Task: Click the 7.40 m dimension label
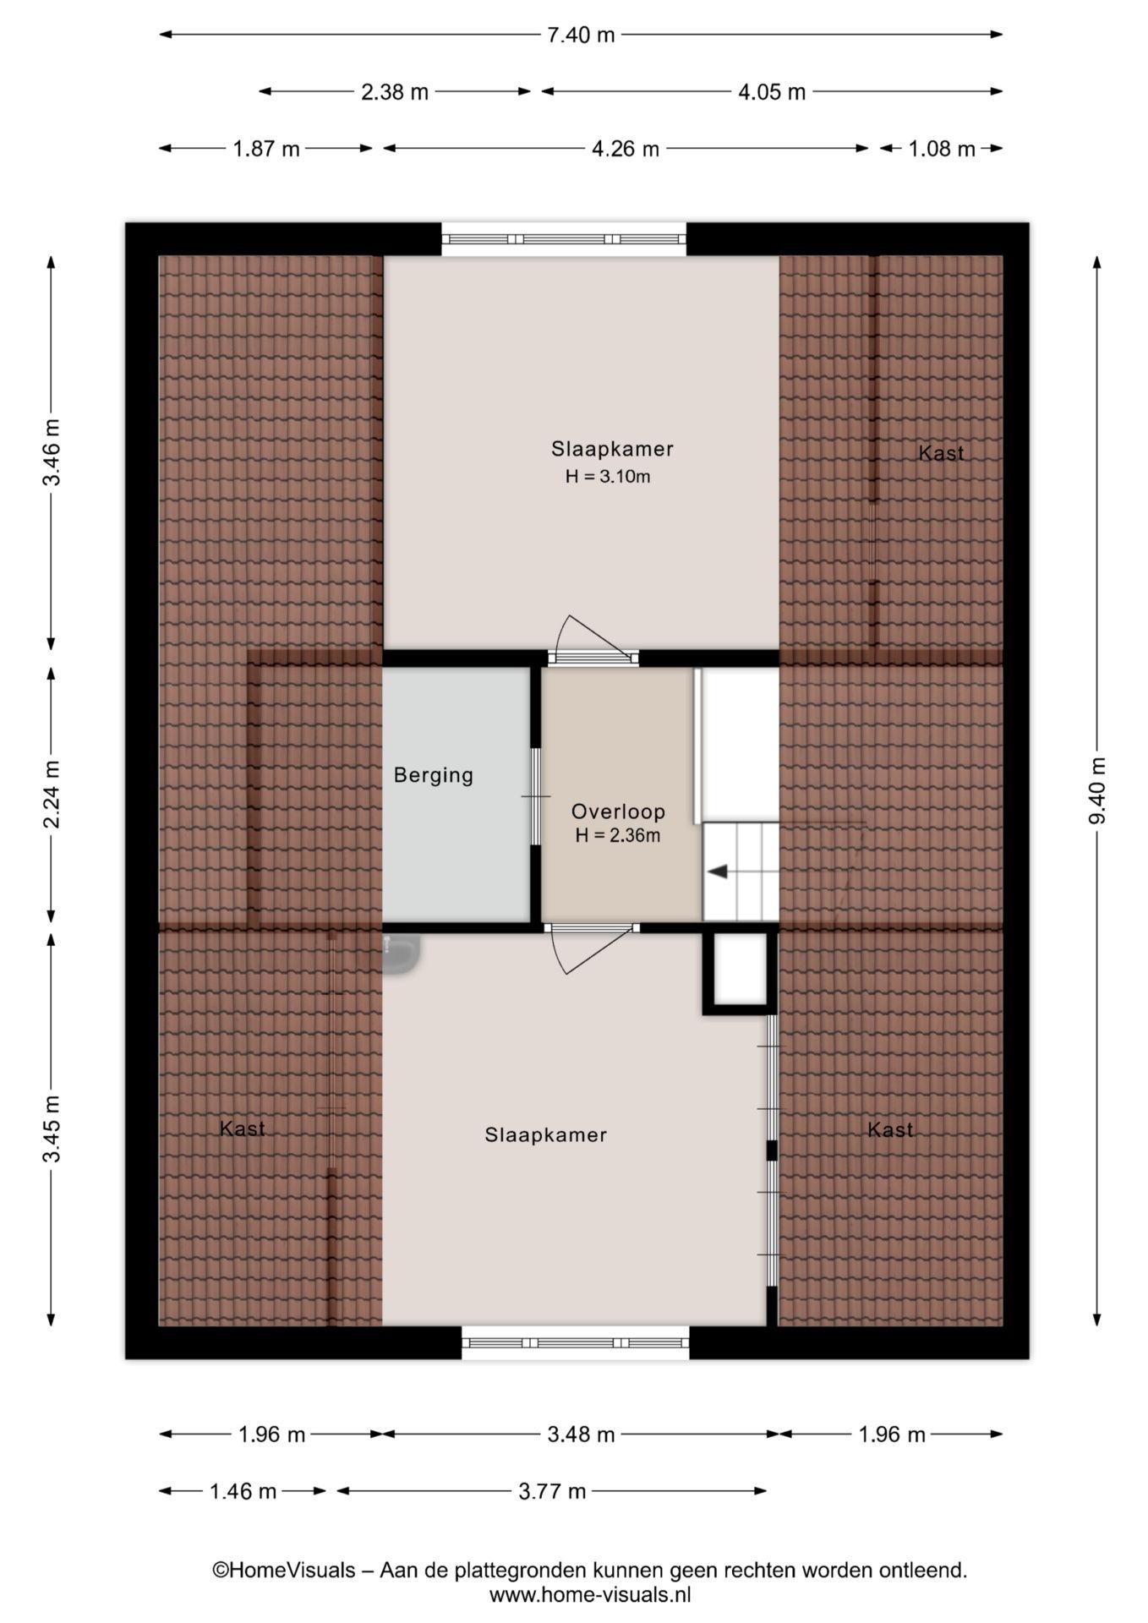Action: click(x=581, y=35)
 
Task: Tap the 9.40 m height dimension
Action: click(x=1097, y=790)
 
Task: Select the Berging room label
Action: click(x=434, y=775)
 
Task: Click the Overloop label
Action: click(x=618, y=811)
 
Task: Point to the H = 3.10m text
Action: click(x=608, y=477)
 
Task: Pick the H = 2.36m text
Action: click(x=618, y=836)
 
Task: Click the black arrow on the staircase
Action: click(x=718, y=872)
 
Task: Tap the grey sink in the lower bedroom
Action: click(x=402, y=954)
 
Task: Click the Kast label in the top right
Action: click(x=941, y=453)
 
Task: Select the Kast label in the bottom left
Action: click(x=243, y=1128)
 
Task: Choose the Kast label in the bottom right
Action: click(x=890, y=1130)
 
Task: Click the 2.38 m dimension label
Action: click(x=395, y=92)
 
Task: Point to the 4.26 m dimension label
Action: click(x=626, y=149)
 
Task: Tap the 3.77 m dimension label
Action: click(x=552, y=1491)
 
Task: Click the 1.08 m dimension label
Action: click(x=942, y=149)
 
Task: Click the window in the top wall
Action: click(x=564, y=239)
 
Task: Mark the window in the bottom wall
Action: click(x=576, y=1342)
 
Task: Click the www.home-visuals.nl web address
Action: click(x=590, y=1595)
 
